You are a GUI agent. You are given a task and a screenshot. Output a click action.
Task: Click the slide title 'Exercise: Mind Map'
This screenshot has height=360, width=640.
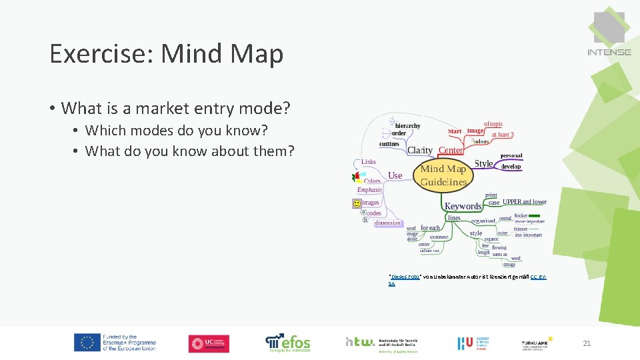[167, 53]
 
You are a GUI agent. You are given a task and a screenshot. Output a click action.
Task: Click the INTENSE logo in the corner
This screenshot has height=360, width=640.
[609, 34]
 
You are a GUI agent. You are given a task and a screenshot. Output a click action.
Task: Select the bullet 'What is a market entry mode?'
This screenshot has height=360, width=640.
[176, 107]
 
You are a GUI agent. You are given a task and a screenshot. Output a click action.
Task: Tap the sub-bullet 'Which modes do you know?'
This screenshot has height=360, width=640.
[177, 130]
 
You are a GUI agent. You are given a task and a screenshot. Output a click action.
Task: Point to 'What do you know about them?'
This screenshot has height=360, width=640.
[189, 151]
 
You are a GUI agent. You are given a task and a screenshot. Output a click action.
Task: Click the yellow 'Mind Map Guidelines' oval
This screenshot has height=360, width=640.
[443, 175]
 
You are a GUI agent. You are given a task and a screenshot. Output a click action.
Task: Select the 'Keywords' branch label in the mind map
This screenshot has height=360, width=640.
[463, 206]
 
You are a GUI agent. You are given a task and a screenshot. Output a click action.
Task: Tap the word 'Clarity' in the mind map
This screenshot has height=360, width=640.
[419, 151]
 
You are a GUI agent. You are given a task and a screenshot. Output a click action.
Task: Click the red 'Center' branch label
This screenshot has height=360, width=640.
[451, 151]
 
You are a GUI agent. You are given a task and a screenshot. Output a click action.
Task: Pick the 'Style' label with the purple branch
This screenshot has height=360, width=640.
[483, 163]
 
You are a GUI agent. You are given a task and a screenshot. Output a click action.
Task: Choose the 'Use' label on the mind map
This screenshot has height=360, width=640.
[395, 175]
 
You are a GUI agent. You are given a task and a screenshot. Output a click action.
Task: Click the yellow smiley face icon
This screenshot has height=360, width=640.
[357, 203]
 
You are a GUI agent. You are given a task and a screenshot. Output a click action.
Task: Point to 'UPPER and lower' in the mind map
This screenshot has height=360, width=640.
[525, 202]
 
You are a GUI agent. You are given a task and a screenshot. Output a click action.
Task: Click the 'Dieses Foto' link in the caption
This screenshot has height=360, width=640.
[404, 276]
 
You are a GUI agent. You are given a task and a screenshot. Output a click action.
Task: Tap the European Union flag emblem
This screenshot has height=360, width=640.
[87, 343]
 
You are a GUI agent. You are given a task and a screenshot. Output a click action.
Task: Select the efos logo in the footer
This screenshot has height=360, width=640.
[288, 343]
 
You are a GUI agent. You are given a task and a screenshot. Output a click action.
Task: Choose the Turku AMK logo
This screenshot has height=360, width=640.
[537, 343]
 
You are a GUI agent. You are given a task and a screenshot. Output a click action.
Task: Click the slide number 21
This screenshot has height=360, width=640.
[587, 343]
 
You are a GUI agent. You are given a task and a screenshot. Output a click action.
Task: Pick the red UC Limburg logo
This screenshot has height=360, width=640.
[209, 343]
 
